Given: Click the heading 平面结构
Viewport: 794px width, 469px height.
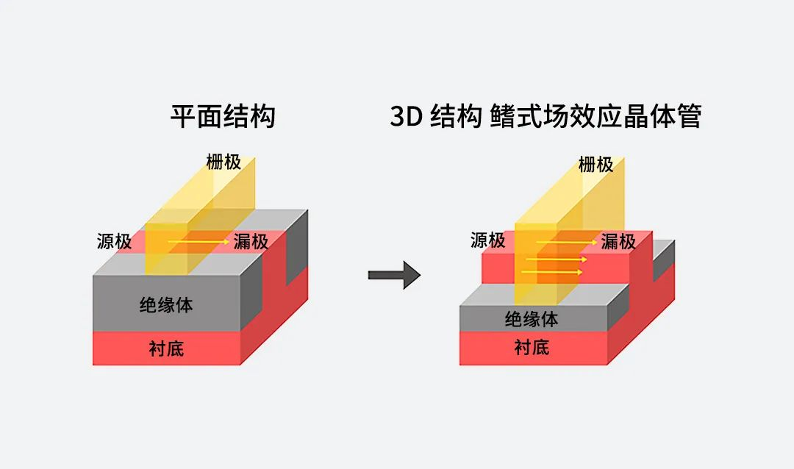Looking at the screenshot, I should (x=223, y=117).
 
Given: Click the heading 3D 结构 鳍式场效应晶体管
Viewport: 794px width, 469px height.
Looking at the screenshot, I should (x=546, y=117).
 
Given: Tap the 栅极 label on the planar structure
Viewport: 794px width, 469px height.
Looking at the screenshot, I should (x=223, y=162).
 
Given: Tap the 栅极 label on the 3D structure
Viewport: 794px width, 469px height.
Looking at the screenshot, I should (x=595, y=165).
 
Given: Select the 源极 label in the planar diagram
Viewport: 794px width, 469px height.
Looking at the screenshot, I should (x=114, y=241).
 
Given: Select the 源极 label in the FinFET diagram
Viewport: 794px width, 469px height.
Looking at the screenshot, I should (x=487, y=240).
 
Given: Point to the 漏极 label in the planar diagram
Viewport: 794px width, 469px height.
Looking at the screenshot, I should (x=251, y=241).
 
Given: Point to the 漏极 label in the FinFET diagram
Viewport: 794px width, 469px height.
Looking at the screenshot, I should (x=618, y=241).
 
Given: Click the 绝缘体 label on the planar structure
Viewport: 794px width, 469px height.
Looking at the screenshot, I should (x=166, y=304).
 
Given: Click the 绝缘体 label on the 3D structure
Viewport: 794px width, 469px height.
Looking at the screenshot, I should (x=532, y=319).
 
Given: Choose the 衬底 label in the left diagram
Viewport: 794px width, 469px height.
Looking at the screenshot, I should (x=166, y=348).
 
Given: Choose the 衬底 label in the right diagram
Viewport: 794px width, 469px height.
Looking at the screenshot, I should (x=532, y=348).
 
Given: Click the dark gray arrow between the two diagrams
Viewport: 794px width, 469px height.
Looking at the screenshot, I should (x=394, y=276).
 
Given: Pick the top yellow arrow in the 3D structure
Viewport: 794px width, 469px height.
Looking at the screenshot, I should (x=566, y=241).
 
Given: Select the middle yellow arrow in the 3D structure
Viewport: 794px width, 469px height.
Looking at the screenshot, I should (x=559, y=259).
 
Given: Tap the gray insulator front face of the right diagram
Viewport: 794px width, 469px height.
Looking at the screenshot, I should (x=485, y=319).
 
